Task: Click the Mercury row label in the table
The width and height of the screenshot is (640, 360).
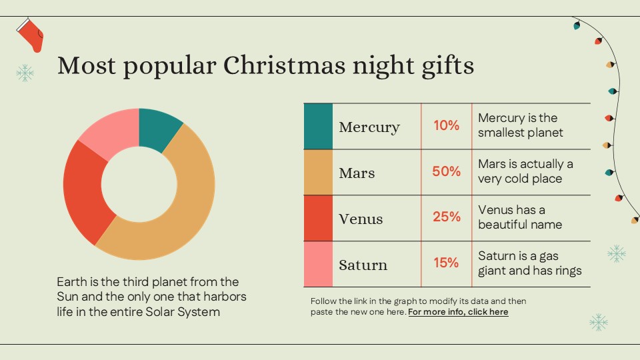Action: (369, 127)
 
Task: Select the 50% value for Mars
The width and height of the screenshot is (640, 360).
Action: (446, 171)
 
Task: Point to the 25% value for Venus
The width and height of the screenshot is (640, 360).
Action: (446, 217)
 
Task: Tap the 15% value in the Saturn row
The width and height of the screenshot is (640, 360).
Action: (446, 263)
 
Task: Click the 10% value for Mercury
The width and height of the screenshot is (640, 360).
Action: (446, 125)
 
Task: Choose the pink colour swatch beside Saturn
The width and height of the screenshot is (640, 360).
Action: (318, 264)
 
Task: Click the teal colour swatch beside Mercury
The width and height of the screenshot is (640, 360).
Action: (318, 126)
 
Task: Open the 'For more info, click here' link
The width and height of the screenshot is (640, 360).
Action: (458, 312)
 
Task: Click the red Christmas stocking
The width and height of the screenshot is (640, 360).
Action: (32, 35)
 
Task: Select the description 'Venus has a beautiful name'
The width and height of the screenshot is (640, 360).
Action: (520, 217)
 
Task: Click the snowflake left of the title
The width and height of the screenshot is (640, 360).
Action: (25, 73)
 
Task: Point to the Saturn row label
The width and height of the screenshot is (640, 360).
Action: (363, 265)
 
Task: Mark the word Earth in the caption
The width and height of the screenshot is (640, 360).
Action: (72, 282)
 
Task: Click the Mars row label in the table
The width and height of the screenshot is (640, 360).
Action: (357, 173)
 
